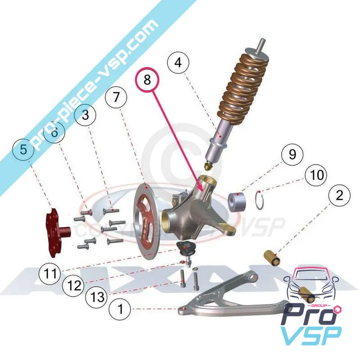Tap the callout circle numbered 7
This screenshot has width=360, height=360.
tap(117, 98)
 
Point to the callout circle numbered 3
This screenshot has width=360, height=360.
tap(88, 115)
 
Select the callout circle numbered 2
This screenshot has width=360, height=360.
tap(339, 195)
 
